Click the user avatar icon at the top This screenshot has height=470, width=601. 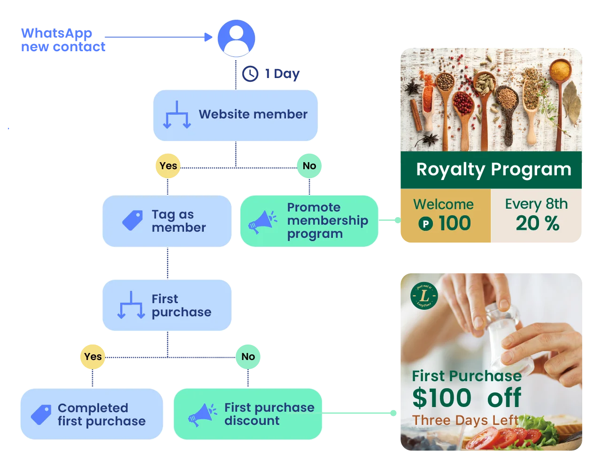coord(235,38)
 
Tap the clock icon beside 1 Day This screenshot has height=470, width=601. coord(250,73)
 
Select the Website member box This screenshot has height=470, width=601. coord(235,115)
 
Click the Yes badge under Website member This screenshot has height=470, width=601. coord(168,166)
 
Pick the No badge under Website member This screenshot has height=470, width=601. coord(309,166)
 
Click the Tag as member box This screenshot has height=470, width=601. coord(167,221)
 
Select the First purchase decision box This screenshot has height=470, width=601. coord(167,305)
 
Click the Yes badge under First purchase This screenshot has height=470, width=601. coord(92,357)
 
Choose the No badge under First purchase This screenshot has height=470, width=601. coord(248,357)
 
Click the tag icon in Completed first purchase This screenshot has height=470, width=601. coord(41,415)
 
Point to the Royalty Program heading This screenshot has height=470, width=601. coord(493,170)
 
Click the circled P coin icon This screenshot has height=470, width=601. coord(425,224)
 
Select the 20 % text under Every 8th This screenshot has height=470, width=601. coord(537,224)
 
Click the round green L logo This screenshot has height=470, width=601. coord(424,296)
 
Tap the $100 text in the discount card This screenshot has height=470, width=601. coord(441,398)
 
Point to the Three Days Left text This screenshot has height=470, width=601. coord(465,420)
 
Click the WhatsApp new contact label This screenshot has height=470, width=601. coord(62,40)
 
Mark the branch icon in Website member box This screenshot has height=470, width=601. coord(177,115)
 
